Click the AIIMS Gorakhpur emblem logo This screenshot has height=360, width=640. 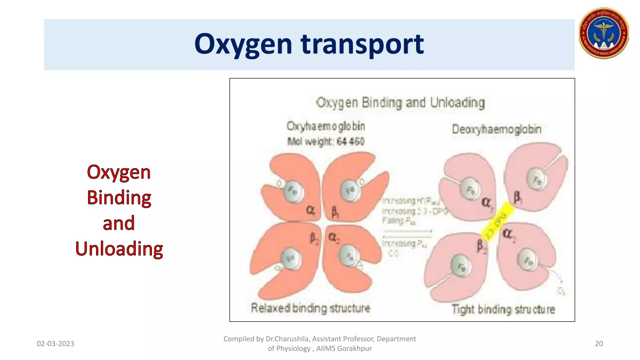click(x=603, y=33)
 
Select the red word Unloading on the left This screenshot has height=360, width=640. click(x=119, y=249)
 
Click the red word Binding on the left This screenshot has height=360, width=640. click(x=119, y=197)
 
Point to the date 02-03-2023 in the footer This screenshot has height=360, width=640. click(x=55, y=343)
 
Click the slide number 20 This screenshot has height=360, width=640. click(x=599, y=343)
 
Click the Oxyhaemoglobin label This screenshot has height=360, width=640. click(x=326, y=126)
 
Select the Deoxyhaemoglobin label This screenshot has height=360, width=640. click(x=497, y=129)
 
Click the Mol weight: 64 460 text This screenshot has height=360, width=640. click(x=326, y=142)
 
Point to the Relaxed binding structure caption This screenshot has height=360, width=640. click(x=310, y=308)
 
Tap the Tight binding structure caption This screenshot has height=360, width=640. click(x=503, y=309)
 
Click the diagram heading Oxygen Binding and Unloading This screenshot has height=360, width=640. click(x=401, y=103)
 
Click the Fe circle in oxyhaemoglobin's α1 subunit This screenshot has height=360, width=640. click(x=293, y=191)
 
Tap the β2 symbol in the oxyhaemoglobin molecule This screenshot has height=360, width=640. click(x=314, y=239)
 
